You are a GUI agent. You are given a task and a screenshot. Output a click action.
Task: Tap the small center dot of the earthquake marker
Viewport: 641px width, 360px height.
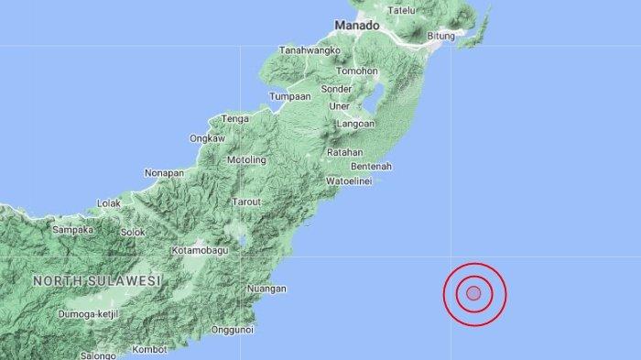474,293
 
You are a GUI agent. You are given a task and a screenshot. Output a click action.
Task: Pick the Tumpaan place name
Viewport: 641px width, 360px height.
291,96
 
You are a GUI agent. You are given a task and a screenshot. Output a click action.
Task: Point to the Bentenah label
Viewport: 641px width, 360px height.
371,167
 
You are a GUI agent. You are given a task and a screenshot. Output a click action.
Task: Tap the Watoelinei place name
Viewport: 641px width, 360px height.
352,181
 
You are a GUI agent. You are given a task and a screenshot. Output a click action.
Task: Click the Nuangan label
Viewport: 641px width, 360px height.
266,289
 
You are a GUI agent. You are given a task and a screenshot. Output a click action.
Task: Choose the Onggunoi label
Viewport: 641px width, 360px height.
232,330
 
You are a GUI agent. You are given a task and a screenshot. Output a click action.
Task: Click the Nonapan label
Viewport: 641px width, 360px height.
166,172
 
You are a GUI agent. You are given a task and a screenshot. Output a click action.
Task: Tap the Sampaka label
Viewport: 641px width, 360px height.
74,230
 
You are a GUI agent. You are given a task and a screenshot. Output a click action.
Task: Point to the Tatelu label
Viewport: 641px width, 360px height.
403,10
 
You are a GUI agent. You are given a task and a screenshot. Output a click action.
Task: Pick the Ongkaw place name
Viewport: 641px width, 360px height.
207,138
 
